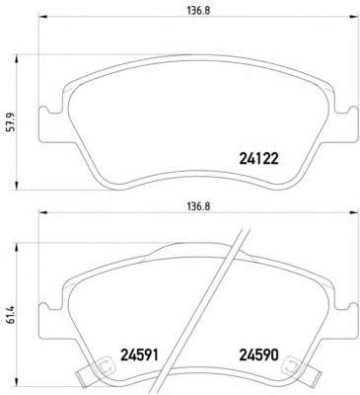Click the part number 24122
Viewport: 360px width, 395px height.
click(x=259, y=159)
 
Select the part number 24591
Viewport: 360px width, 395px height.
click(x=140, y=355)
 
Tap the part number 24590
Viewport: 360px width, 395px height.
click(x=259, y=355)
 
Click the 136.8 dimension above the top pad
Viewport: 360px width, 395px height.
click(x=198, y=11)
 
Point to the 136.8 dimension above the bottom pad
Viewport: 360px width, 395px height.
click(x=198, y=207)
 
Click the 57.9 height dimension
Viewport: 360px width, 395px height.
click(x=10, y=122)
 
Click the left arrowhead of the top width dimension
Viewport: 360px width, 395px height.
click(x=43, y=16)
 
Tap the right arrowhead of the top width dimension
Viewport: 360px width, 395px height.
click(x=353, y=16)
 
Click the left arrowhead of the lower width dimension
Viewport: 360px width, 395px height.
click(x=43, y=212)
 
